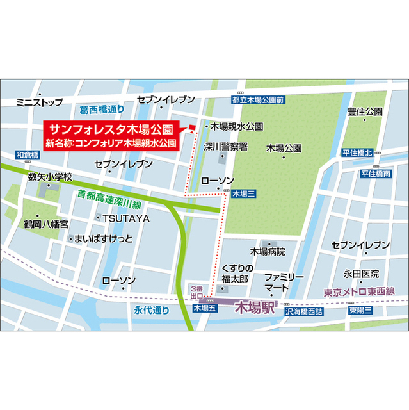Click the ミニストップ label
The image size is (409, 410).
click(40, 102)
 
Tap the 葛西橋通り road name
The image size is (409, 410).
click(102, 110)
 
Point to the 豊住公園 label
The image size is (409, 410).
click(365, 111)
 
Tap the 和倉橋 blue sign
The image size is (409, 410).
click(28, 155)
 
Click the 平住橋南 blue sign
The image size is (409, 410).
click(375, 174)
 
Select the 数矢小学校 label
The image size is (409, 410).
click(51, 176)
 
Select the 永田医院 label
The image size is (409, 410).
click(361, 274)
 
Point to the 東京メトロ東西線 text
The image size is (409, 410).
click(359, 292)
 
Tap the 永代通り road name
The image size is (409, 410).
click(152, 310)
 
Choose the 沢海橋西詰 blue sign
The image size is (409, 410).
click(306, 310)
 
